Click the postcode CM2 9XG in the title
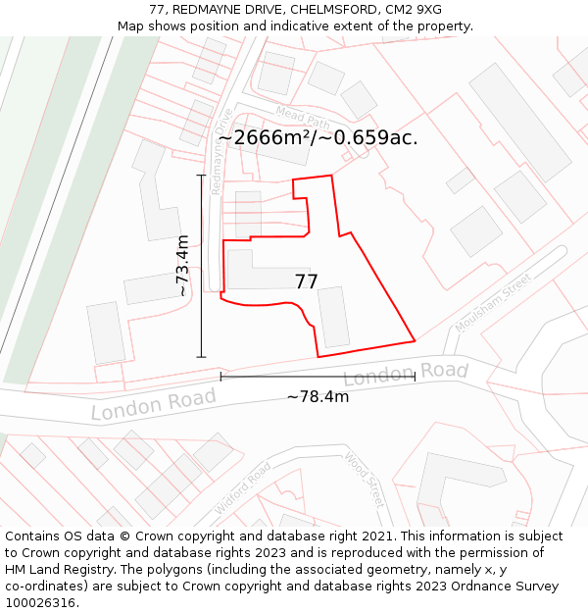coord(414,10)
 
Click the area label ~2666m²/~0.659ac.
coord(318,138)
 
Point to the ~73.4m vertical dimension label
coord(181,266)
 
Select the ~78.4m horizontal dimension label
coord(318,397)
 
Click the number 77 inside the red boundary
coord(306,282)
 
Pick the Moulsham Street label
coord(501,302)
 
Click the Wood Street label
coord(363,480)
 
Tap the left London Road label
coord(153,404)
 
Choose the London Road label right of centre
coord(406,374)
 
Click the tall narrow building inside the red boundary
coord(333,316)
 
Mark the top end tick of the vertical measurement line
coord(202,176)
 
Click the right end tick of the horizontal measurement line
coord(415,377)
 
